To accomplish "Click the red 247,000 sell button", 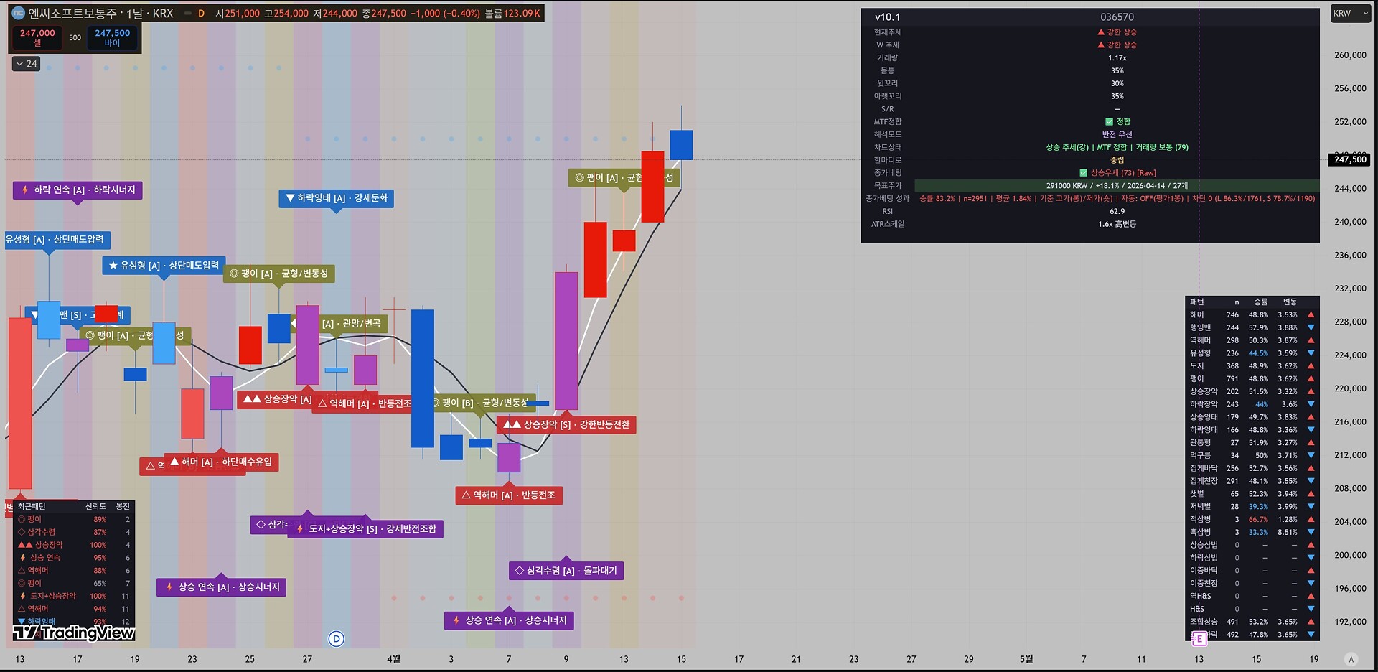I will coord(37,37).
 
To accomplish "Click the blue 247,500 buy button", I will coord(112,37).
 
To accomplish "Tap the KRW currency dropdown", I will coord(1350,14).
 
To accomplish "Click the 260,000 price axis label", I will coord(1350,55).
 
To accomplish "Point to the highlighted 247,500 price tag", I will coord(1350,159).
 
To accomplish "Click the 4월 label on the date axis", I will coord(393,659).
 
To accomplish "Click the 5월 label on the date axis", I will coord(1026,659).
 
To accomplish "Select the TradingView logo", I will coord(74,633).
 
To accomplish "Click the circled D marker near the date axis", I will coord(336,639).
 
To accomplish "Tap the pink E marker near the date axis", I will coord(1199,639).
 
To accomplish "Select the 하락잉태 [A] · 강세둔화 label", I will coord(336,198).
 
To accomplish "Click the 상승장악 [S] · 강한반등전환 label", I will coord(566,425).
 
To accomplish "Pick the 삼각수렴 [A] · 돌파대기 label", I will coord(566,571).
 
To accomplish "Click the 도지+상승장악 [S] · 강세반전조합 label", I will coord(366,529).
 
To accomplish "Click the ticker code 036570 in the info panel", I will coord(1117,17).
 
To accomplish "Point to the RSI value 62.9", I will coord(1117,212).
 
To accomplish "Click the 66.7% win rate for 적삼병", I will coord(1257,519).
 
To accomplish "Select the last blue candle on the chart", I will coord(681,145).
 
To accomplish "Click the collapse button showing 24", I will coord(27,64).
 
